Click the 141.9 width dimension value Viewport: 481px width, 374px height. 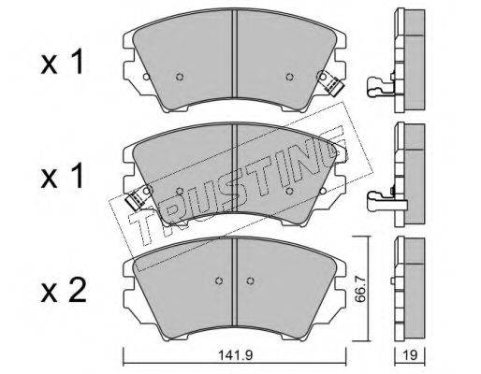235,355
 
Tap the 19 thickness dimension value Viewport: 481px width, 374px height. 410,355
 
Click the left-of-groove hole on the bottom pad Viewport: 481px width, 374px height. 219,281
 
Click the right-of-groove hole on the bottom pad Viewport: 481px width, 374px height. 250,281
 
